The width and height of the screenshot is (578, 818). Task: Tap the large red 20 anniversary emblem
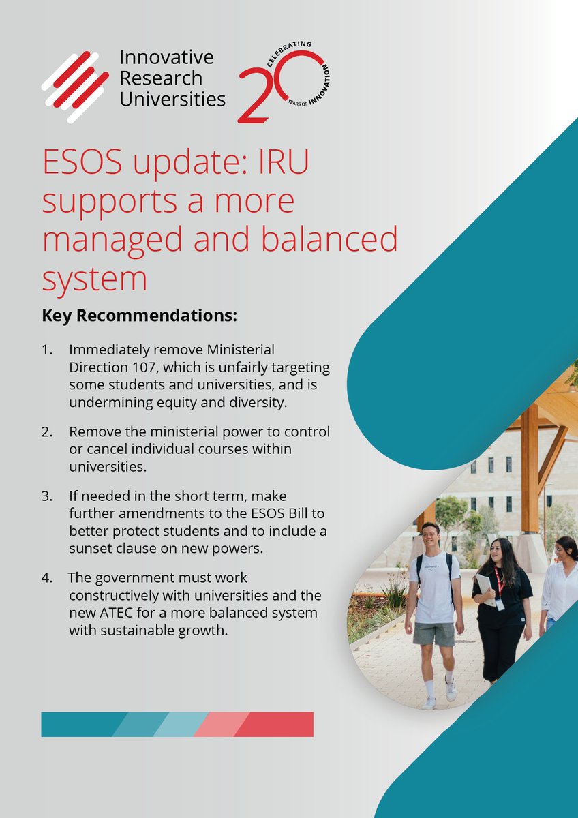[x=283, y=85]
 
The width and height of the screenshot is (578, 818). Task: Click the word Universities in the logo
[x=172, y=100]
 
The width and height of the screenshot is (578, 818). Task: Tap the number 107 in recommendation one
[x=144, y=367]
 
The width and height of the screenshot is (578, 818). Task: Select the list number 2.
[x=46, y=431]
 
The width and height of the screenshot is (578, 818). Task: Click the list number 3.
[x=46, y=496]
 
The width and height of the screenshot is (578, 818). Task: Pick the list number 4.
[x=46, y=577]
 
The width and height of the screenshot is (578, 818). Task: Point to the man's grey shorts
[x=433, y=634]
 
